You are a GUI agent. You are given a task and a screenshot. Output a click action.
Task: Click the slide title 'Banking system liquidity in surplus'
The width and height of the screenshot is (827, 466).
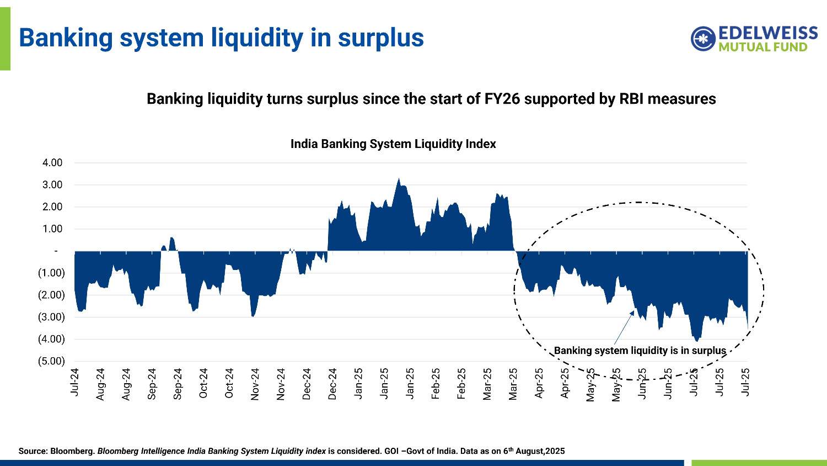[x=221, y=38]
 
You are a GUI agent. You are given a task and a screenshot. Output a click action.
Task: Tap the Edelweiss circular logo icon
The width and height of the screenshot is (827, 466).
[x=703, y=39]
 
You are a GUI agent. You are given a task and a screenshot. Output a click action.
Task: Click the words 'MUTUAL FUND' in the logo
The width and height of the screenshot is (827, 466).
[x=762, y=47]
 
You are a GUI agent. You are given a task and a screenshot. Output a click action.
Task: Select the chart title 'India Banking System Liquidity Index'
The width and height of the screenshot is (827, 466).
[x=393, y=144]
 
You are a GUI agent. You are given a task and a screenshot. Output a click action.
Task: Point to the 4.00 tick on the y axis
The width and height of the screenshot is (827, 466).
[x=52, y=163]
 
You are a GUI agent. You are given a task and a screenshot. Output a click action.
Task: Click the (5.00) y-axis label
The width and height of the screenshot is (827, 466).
[x=51, y=361]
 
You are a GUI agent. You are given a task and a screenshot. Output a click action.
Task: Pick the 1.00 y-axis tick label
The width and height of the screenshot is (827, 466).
[x=52, y=229]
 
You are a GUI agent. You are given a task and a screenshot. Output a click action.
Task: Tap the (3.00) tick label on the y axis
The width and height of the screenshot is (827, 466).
[x=51, y=317]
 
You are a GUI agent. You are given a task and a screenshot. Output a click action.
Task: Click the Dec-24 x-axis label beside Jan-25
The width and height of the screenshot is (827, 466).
[x=332, y=383]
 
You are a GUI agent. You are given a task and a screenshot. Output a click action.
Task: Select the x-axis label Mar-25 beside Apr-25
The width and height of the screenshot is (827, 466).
[x=513, y=383]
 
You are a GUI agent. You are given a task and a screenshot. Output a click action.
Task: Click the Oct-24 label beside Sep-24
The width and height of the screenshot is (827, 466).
[x=203, y=383]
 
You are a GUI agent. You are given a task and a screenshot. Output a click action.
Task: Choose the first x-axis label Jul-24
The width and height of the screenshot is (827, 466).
[x=74, y=382]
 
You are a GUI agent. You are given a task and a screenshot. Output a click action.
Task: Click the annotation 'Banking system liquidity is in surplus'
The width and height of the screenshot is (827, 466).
[x=640, y=351]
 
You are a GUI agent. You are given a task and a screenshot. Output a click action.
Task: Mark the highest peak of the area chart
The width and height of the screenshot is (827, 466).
[x=399, y=179]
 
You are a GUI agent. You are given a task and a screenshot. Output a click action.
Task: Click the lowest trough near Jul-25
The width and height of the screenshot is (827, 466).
[x=697, y=341]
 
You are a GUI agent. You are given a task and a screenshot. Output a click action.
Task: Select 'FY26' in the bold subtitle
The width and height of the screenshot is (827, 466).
[x=500, y=99]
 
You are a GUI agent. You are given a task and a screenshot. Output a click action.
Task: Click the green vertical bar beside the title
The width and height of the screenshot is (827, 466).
[x=5, y=35]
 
